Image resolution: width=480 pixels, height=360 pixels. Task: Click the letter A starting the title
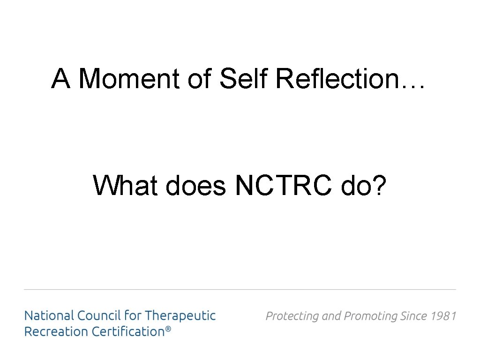tap(60, 78)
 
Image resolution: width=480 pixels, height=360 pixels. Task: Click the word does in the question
tap(195, 185)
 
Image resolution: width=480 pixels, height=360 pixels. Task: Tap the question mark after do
tap(379, 185)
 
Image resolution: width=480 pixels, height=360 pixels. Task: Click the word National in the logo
tap(49, 315)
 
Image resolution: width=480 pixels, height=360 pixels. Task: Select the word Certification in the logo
tap(127, 331)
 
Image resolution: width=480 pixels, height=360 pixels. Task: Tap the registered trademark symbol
tap(168, 330)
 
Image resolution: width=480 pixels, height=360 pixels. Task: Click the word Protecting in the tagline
tap(292, 316)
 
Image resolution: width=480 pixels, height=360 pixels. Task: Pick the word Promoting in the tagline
tap(370, 316)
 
